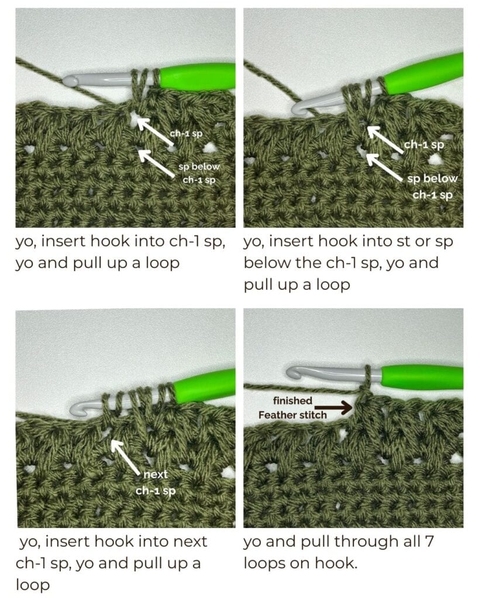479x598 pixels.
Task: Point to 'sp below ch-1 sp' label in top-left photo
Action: coord(198,173)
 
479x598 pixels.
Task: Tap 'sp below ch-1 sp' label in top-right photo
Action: coord(432,186)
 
